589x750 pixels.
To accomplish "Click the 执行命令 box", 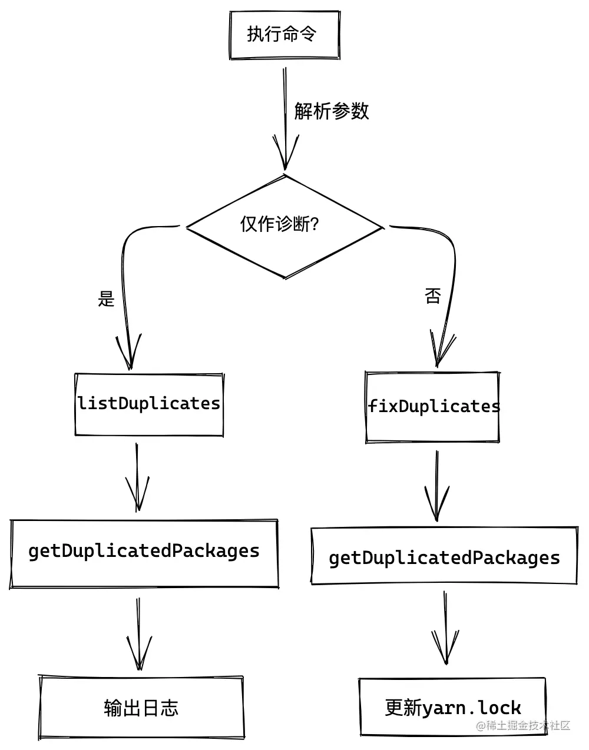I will [x=284, y=35].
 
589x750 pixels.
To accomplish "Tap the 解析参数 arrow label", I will [x=332, y=111].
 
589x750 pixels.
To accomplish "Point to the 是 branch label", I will [x=106, y=298].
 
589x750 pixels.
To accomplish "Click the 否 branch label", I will [x=433, y=296].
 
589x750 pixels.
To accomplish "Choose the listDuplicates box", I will [x=149, y=404].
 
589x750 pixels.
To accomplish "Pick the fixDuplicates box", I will [x=432, y=407].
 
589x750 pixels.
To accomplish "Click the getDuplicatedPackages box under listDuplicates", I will [x=144, y=552].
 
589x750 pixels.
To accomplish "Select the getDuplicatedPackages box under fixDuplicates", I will [x=444, y=557].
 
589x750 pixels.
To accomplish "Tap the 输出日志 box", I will [x=141, y=707].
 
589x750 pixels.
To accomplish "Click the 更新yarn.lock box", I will [x=452, y=707].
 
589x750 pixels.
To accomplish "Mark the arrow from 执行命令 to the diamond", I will [x=285, y=118].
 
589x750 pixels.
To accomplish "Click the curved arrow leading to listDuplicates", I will [x=125, y=283].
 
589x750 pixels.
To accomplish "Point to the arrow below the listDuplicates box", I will [x=137, y=477].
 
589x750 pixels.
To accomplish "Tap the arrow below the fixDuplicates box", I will [x=436, y=486].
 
